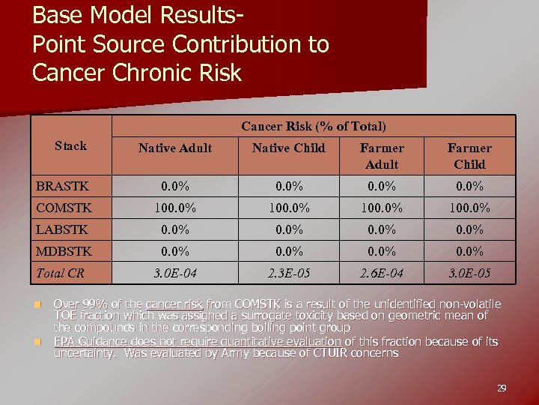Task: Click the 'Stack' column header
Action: point(70,145)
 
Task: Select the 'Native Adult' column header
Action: point(175,148)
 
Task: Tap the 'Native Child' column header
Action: point(289,148)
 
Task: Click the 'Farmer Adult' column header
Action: point(382,156)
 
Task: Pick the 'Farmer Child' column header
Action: point(469,156)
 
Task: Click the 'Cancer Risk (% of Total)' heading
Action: point(314,126)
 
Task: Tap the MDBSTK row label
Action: point(64,251)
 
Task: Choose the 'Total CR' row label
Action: point(61,273)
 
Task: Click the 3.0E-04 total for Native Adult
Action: point(175,274)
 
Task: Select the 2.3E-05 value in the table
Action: point(289,274)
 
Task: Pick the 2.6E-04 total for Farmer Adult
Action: point(382,274)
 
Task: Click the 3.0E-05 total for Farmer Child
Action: point(469,274)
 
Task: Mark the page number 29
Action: point(502,388)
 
